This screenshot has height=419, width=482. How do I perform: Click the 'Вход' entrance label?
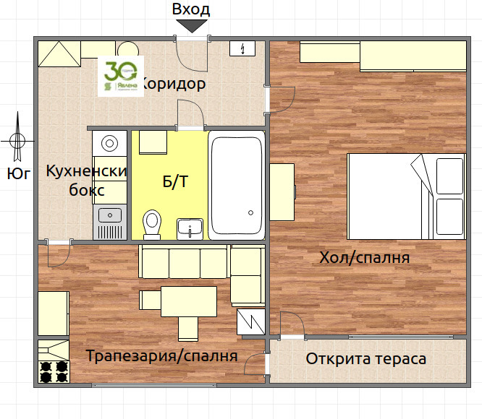click(x=191, y=9)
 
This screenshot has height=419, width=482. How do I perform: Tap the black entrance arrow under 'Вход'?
click(x=192, y=26)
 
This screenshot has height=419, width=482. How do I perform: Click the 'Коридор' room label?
click(x=174, y=85)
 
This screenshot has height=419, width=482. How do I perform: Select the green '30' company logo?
click(x=118, y=76)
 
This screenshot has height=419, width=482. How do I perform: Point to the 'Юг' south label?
click(x=17, y=173)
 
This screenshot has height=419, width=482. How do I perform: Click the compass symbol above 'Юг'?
click(x=17, y=140)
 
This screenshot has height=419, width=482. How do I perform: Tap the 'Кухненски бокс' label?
click(x=86, y=181)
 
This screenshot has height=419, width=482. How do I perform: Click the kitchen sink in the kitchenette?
click(x=110, y=214)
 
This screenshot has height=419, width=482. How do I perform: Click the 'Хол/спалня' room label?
click(x=365, y=258)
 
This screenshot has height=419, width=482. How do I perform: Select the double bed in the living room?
click(x=405, y=196)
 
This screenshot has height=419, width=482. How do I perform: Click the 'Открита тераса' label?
click(x=365, y=359)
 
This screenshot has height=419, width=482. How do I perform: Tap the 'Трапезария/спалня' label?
click(x=162, y=356)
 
